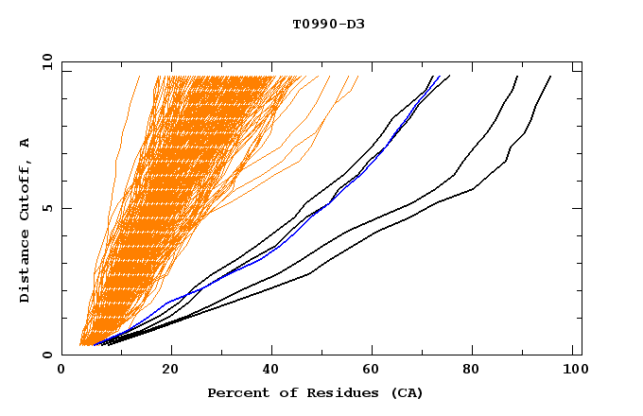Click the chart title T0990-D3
[x=328, y=24]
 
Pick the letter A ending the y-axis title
[x=25, y=143]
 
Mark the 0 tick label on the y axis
[x=47, y=355]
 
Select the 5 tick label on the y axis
[x=47, y=209]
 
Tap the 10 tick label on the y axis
[x=44, y=61]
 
